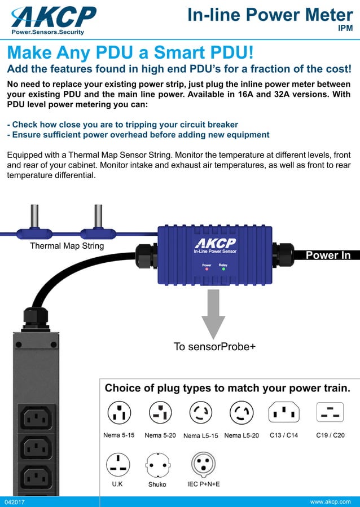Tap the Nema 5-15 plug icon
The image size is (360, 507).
point(118,413)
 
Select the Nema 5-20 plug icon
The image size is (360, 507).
point(160,413)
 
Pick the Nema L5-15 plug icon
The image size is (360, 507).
point(201,413)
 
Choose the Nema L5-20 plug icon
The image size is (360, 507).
point(242,413)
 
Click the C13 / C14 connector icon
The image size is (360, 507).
point(284,412)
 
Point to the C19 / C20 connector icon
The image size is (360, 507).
point(330,412)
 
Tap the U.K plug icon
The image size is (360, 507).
point(118,464)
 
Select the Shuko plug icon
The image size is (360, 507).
point(157,465)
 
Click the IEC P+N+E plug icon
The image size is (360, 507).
point(203,464)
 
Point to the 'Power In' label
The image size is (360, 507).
point(328,255)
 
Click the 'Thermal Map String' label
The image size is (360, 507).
point(67,246)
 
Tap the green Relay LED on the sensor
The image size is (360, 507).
point(223,269)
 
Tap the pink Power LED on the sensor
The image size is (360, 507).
point(207,269)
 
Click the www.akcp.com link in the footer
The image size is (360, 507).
point(330,501)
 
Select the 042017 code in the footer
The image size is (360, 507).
point(15,501)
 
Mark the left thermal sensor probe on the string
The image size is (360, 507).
point(34,217)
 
